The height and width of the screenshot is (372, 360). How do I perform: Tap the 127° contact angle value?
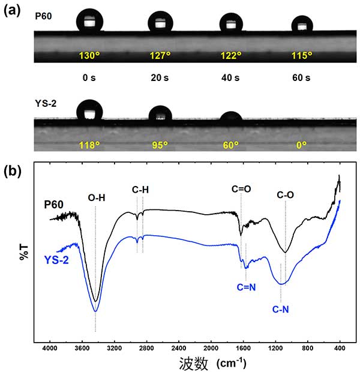click(160, 55)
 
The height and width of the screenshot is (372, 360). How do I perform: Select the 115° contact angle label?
click(301, 55)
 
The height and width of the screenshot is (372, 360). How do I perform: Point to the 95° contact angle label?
click(160, 145)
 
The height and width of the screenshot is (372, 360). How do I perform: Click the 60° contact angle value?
click(231, 145)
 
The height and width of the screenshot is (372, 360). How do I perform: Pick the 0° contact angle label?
click(301, 145)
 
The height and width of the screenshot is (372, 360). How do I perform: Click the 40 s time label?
click(231, 77)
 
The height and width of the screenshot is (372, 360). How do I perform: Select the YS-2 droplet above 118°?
click(90, 110)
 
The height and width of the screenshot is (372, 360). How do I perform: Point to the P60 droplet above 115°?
click(302, 25)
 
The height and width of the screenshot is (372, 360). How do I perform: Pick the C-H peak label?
click(140, 190)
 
